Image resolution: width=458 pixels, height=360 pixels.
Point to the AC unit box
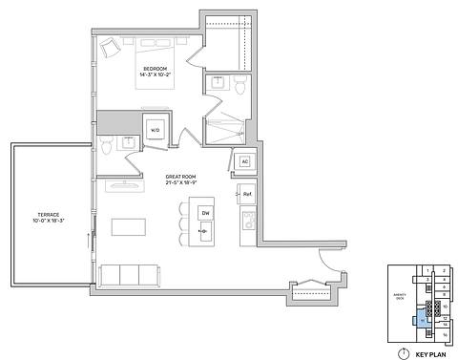[x=244, y=161]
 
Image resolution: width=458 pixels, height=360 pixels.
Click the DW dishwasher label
[x=205, y=212]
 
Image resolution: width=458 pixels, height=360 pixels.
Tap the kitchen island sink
[x=204, y=231]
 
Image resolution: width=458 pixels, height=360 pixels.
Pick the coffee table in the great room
[x=131, y=227]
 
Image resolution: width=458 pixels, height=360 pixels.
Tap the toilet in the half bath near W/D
[x=106, y=148]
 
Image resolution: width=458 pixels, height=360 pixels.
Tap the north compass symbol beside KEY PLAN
[x=403, y=352]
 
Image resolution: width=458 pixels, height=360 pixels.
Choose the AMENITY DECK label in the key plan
[x=401, y=298]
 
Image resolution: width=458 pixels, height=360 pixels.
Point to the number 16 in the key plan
[x=444, y=335]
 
